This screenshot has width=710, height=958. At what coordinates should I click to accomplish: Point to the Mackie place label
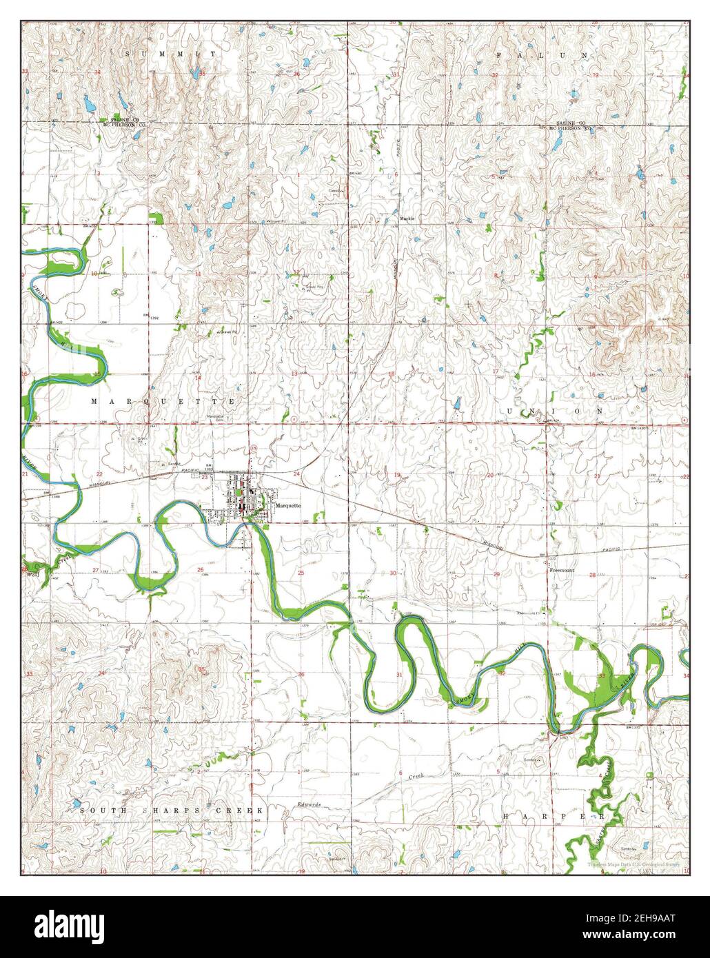tap(407, 218)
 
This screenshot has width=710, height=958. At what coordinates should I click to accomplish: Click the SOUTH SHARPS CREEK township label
tap(172, 811)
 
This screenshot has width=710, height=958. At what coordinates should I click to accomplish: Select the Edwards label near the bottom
tap(310, 805)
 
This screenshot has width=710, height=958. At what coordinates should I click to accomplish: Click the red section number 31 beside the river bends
tap(400, 674)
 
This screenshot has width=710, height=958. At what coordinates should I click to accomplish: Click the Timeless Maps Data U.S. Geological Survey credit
tap(634, 864)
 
